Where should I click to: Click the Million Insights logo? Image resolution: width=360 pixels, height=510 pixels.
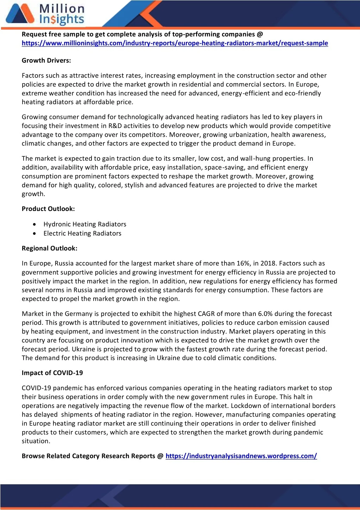[45, 14]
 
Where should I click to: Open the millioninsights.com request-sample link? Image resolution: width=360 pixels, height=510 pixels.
[175, 43]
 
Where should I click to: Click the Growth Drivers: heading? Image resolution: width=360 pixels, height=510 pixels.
[46, 61]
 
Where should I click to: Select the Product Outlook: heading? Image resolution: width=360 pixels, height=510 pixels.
[48, 209]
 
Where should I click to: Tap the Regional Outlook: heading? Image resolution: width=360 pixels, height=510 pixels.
[50, 248]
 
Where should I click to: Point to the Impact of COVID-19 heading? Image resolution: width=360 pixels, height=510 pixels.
[52, 373]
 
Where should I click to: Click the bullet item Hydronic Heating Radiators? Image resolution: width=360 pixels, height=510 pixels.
[85, 224]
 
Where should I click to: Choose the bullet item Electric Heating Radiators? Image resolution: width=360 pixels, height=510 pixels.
[82, 234]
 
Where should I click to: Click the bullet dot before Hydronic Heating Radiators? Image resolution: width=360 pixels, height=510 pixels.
[34, 224]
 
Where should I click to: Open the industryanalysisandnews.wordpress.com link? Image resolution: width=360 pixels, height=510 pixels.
[241, 456]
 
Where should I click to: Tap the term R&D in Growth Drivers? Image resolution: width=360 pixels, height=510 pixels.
[115, 126]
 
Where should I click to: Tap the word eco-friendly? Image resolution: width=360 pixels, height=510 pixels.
[303, 93]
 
